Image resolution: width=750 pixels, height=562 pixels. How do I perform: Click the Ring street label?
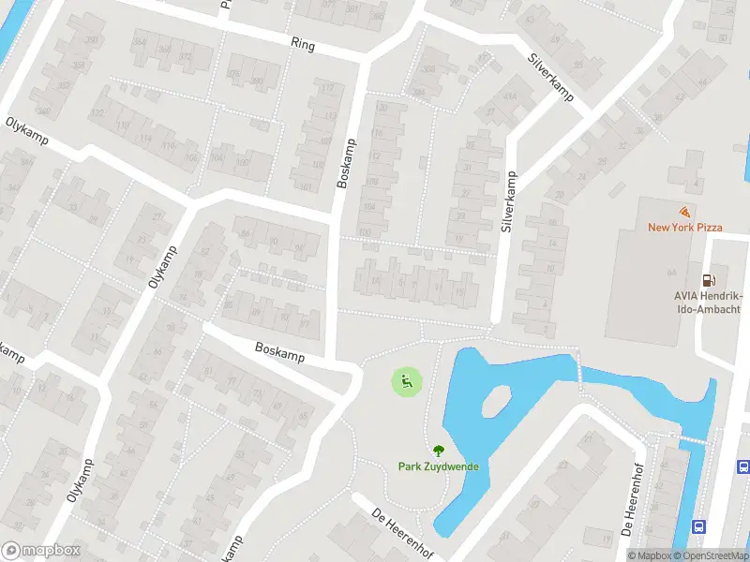[x=303, y=44]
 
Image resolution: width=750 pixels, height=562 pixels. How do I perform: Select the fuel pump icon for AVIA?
[x=709, y=279]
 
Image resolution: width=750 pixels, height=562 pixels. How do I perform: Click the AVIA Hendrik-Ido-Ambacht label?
[x=707, y=302]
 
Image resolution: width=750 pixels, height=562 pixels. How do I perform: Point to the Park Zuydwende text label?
[x=437, y=466]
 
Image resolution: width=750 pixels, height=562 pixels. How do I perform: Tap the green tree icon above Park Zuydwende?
[x=437, y=451]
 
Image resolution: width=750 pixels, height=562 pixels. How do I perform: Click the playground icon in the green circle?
[x=406, y=381]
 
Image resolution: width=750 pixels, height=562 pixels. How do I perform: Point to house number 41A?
[x=510, y=96]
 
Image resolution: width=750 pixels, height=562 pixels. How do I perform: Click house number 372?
[x=185, y=55]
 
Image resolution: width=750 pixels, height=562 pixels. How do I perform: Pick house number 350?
[x=92, y=40]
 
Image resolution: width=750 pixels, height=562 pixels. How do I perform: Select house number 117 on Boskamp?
[x=328, y=89]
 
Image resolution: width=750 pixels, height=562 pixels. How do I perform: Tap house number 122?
[x=97, y=112]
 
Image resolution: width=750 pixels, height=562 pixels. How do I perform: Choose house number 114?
[x=145, y=139]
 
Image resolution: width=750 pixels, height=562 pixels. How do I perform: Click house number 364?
[x=141, y=41]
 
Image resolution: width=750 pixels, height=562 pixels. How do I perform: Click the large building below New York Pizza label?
[x=656, y=281]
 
